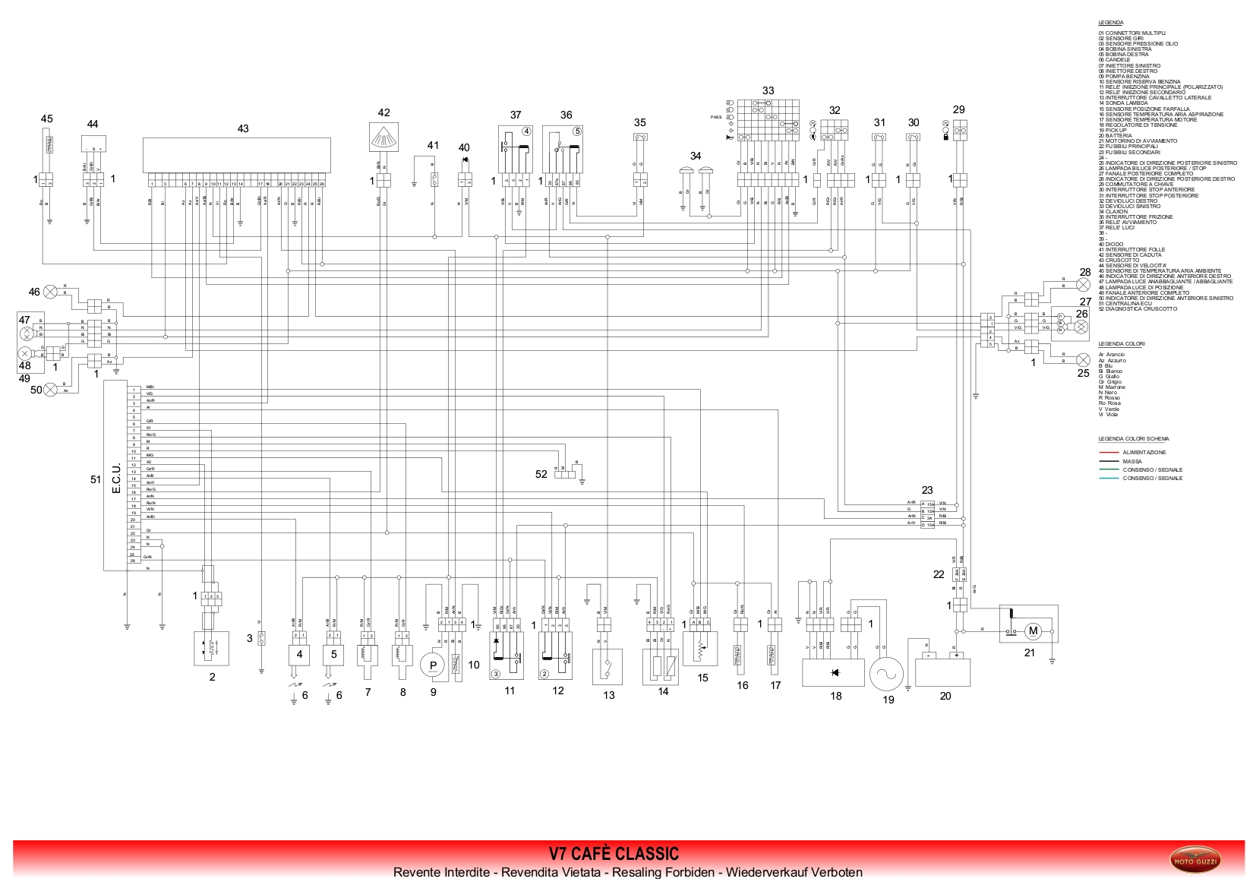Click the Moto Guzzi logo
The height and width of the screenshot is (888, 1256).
click(x=1195, y=861)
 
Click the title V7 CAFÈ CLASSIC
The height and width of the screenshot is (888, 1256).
click(x=614, y=854)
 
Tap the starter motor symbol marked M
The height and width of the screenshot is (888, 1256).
click(x=1033, y=630)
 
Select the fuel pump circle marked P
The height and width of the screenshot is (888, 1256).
click(x=432, y=665)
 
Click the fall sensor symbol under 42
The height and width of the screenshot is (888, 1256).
click(x=384, y=138)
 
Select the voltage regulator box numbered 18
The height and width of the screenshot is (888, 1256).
click(x=834, y=672)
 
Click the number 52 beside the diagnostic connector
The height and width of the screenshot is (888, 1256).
click(x=541, y=474)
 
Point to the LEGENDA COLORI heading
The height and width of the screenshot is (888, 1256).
click(x=1121, y=344)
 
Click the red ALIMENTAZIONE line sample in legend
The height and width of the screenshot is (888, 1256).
click(x=1109, y=453)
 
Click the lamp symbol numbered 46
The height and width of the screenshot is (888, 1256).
click(x=51, y=291)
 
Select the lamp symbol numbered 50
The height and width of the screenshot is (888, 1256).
click(x=51, y=390)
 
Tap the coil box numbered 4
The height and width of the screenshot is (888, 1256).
click(x=299, y=654)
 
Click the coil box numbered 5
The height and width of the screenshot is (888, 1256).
click(x=333, y=654)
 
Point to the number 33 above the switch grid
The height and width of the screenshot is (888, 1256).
click(x=768, y=90)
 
